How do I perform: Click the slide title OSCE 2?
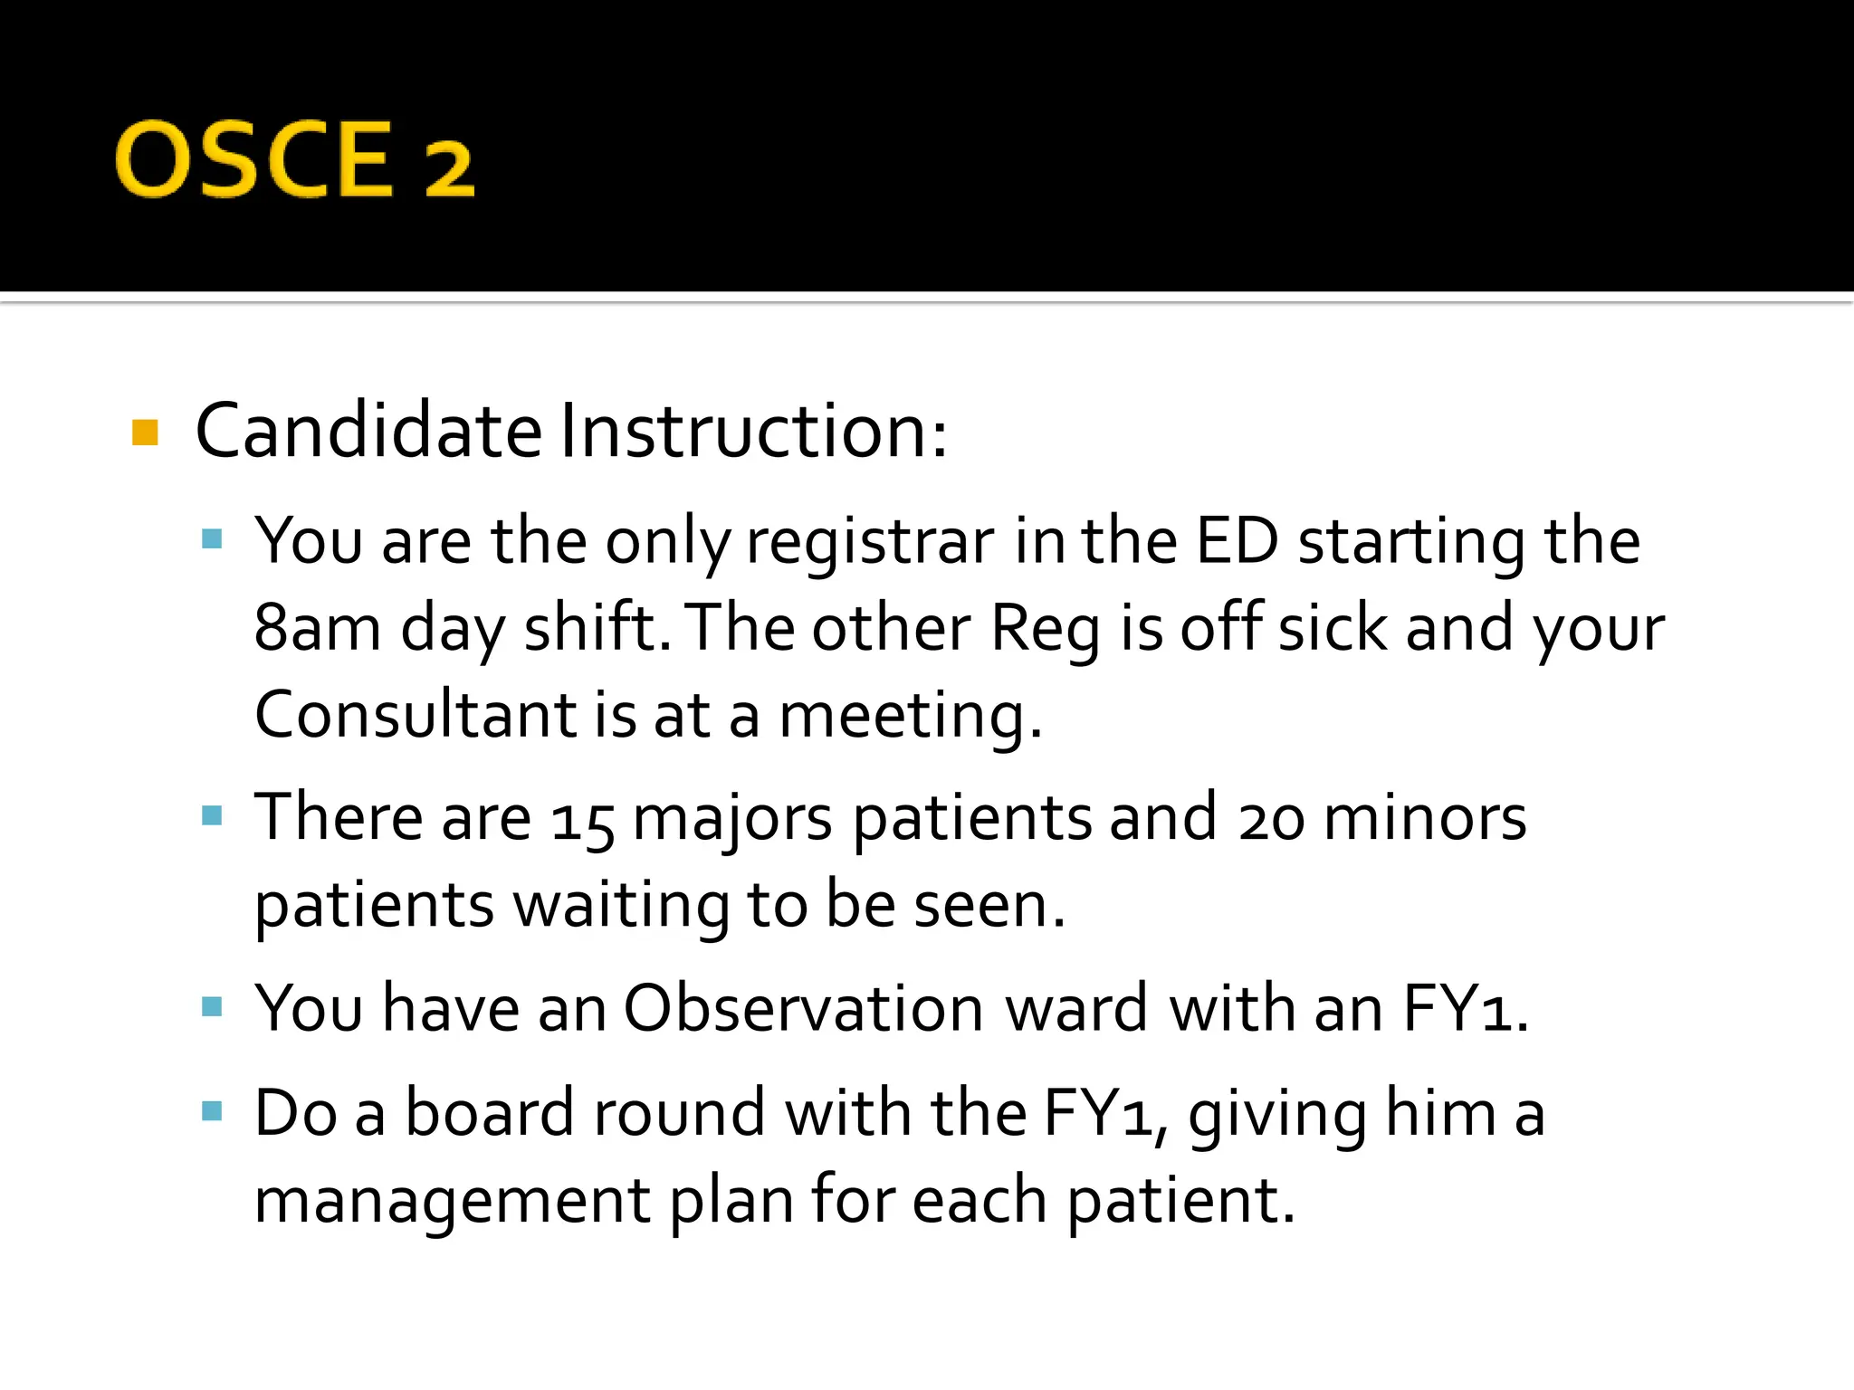pyautogui.click(x=294, y=160)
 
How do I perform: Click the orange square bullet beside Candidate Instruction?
pyautogui.click(x=145, y=433)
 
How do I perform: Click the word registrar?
pyautogui.click(x=870, y=542)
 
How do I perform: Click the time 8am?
pyautogui.click(x=317, y=628)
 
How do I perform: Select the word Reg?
pyautogui.click(x=1046, y=628)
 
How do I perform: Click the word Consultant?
pyautogui.click(x=415, y=714)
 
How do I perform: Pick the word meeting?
pyautogui.click(x=910, y=716)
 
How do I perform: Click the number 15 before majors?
pyautogui.click(x=583, y=820)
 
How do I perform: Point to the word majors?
pyautogui.click(x=732, y=820)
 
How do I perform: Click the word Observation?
pyautogui.click(x=803, y=1008)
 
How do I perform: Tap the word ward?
pyautogui.click(x=1076, y=1008)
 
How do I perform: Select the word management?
pyautogui.click(x=452, y=1202)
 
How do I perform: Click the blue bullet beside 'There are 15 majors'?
pyautogui.click(x=213, y=816)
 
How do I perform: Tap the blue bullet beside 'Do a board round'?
pyautogui.click(x=213, y=1110)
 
